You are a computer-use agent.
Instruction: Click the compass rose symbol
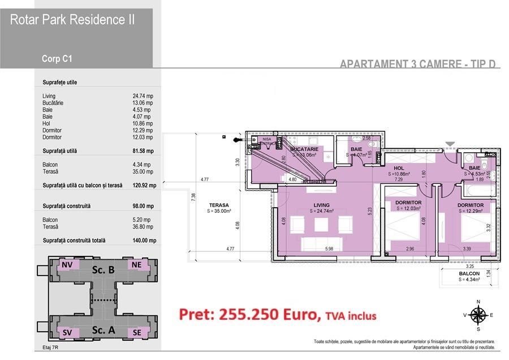tap(478, 315)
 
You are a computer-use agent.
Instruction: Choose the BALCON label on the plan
tap(469, 273)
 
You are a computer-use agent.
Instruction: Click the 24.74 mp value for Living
tap(143, 96)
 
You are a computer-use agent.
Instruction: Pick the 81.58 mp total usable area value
tap(143, 151)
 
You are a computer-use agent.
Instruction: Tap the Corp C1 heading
tap(57, 58)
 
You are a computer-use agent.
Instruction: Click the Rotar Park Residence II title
tap(72, 20)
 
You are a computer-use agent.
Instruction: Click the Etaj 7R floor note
tap(51, 352)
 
